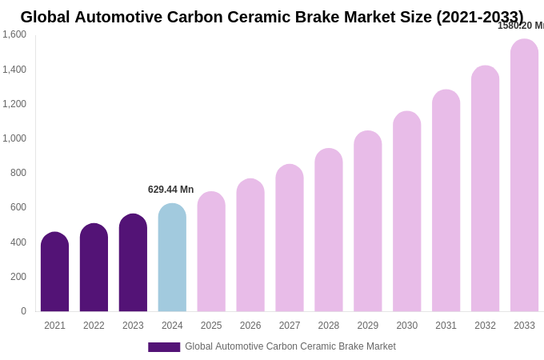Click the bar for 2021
[54, 272]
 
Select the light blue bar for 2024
[172, 258]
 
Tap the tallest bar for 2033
[524, 176]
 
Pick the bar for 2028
[329, 230]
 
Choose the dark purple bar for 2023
[133, 262]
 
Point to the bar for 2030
[406, 212]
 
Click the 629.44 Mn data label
[170, 190]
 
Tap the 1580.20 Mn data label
[521, 26]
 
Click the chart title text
[272, 17]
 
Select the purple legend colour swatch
[164, 347]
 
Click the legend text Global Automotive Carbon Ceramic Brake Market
[290, 346]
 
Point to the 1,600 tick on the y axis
[14, 34]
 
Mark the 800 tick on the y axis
[18, 173]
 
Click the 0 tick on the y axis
[23, 311]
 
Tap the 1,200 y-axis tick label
[14, 104]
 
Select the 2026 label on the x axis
[250, 326]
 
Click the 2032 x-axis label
[485, 326]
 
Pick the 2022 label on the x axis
[94, 326]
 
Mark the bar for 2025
[211, 252]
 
